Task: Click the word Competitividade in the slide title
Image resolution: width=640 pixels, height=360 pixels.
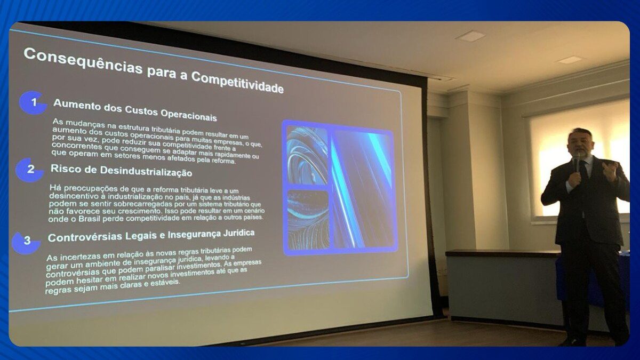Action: pyautogui.click(x=237, y=82)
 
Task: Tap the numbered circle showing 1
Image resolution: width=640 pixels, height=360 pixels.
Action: pyautogui.click(x=33, y=102)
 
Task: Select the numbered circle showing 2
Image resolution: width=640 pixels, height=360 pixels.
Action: pyautogui.click(x=30, y=170)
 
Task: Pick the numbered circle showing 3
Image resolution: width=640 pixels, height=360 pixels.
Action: pyautogui.click(x=26, y=242)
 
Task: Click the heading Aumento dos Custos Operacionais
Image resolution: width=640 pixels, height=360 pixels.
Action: pyautogui.click(x=135, y=110)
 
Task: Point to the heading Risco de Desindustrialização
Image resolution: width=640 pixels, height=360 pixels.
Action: pyautogui.click(x=122, y=170)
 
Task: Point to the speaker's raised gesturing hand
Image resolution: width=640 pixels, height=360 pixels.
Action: pyautogui.click(x=610, y=171)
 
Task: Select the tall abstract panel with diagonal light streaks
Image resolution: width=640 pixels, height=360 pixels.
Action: pyautogui.click(x=363, y=189)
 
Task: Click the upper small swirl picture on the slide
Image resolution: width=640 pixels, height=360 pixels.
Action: pyautogui.click(x=307, y=155)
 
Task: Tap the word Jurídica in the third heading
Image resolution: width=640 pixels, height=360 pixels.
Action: pyautogui.click(x=239, y=233)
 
